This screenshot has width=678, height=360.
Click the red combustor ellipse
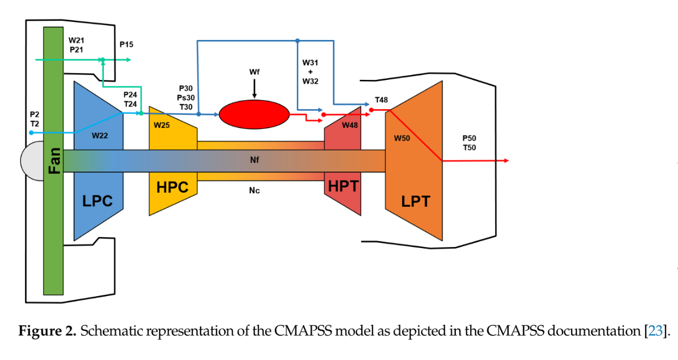point(254,114)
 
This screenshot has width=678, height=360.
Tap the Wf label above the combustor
point(255,71)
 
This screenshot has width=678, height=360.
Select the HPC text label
point(173,187)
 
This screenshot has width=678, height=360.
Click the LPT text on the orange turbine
point(415,201)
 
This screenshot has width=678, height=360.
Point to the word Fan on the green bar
point(53,161)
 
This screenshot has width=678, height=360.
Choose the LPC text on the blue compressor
point(99,201)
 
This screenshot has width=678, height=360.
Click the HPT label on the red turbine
point(344,186)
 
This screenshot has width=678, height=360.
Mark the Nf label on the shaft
point(255,160)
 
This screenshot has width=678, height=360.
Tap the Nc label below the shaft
point(255,190)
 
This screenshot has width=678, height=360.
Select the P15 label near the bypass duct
point(126,45)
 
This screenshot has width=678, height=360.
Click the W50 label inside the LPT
point(402,138)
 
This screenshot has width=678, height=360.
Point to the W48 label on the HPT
point(350,125)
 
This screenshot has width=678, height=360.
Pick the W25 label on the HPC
point(162,125)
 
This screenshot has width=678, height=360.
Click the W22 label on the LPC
point(100,135)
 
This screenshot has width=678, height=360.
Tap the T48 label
point(381,100)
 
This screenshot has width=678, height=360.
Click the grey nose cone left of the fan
point(31,161)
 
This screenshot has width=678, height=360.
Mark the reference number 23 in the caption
point(654,331)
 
